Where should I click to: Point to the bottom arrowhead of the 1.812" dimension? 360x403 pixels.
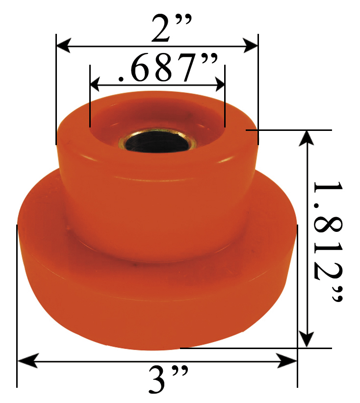point(307,340)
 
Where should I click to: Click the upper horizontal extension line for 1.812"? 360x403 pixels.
point(294,130)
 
